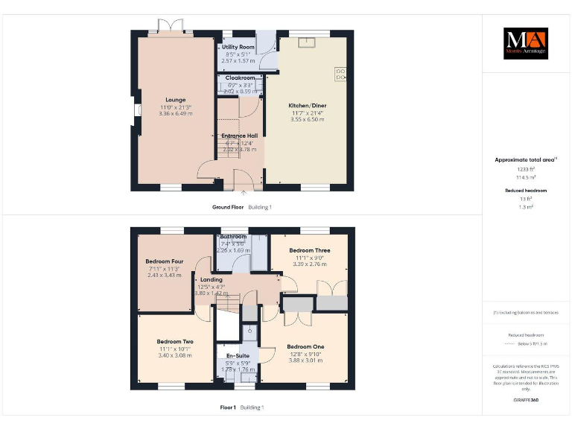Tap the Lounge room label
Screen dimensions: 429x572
click(x=176, y=99)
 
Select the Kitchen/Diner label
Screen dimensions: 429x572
click(x=308, y=106)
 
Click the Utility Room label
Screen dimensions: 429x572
click(x=239, y=47)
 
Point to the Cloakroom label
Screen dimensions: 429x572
click(x=240, y=77)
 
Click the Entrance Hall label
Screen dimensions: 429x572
click(x=239, y=136)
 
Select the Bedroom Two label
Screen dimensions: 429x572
click(x=175, y=341)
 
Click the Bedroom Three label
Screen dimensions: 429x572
click(x=310, y=250)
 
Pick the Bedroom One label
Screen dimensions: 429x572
click(x=306, y=346)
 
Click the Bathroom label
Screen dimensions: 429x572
click(x=233, y=237)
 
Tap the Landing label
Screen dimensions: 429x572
click(x=212, y=279)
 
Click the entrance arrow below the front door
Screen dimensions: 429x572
click(x=244, y=193)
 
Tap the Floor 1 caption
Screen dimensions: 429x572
click(x=228, y=407)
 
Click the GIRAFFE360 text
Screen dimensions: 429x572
click(x=527, y=400)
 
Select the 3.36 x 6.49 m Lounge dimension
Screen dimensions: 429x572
click(x=176, y=113)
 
